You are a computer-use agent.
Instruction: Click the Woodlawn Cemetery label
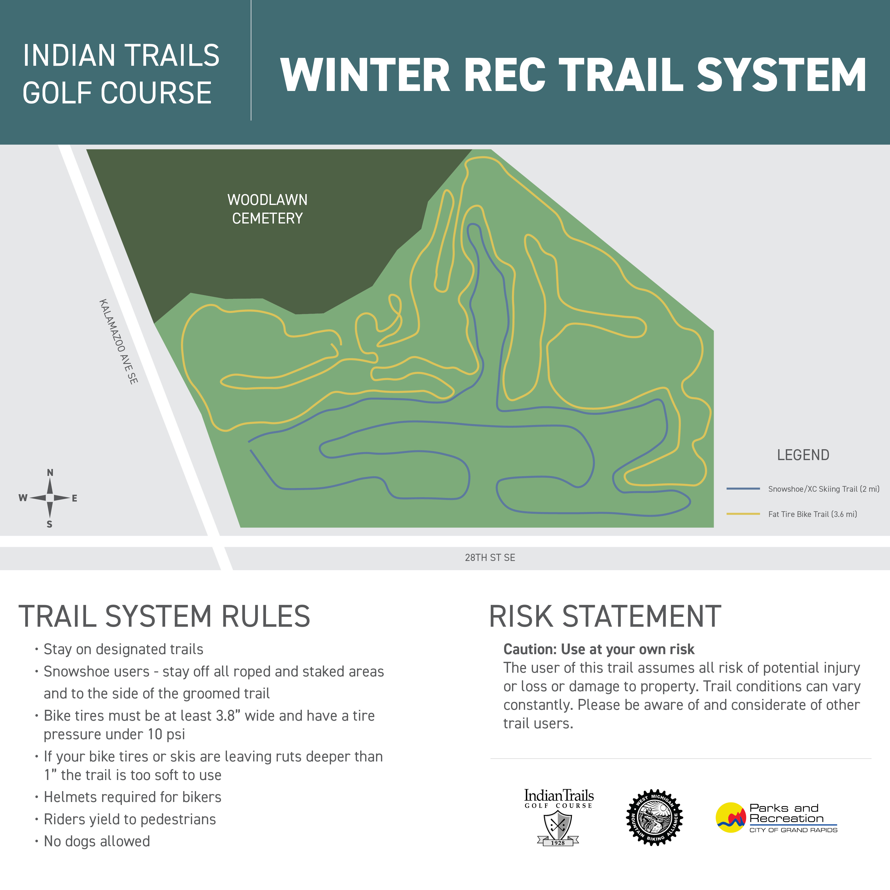pyautogui.click(x=267, y=209)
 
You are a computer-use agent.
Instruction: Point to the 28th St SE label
pyautogui.click(x=490, y=557)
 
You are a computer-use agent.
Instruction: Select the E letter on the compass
pyautogui.click(x=75, y=498)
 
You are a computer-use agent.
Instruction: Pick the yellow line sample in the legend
pyautogui.click(x=743, y=514)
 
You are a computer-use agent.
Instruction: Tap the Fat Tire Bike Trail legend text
pyautogui.click(x=813, y=514)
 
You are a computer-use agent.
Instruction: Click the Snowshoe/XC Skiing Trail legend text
pyautogui.click(x=824, y=489)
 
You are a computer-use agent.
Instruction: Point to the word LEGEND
pyautogui.click(x=803, y=455)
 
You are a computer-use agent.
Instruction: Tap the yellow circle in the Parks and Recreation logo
pyautogui.click(x=730, y=817)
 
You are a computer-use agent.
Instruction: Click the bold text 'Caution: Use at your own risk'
pyautogui.click(x=598, y=649)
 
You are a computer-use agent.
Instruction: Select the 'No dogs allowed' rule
pyautogui.click(x=97, y=841)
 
